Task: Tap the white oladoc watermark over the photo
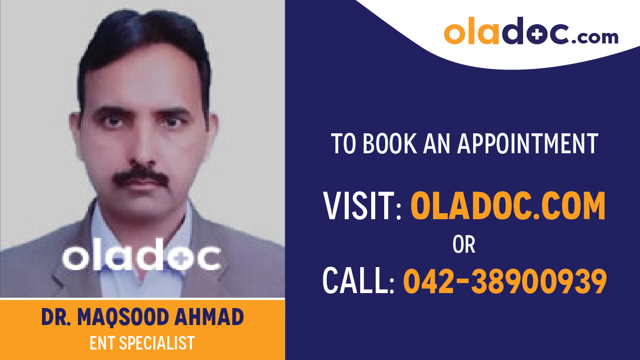[x=141, y=258]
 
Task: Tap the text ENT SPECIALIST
[x=142, y=344]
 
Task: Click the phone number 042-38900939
[x=505, y=281]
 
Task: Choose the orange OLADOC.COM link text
[x=508, y=206]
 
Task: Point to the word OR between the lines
[x=464, y=245]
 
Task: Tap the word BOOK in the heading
[x=389, y=144]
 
